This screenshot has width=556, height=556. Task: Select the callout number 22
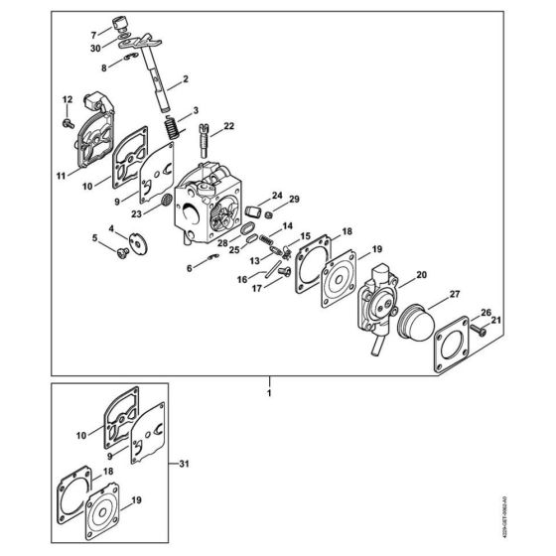229,125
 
